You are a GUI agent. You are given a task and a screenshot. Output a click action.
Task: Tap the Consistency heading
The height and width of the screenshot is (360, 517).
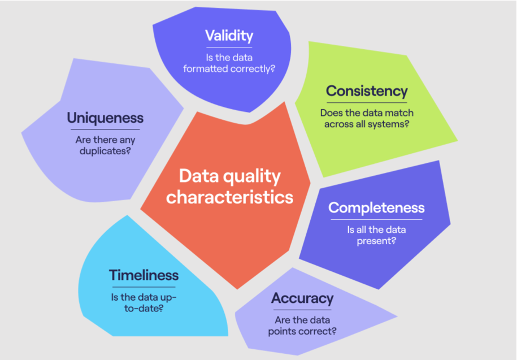click(x=367, y=92)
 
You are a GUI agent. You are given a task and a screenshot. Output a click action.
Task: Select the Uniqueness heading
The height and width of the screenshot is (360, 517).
click(x=105, y=118)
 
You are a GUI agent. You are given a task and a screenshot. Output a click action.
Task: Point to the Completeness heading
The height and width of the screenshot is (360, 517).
click(x=376, y=208)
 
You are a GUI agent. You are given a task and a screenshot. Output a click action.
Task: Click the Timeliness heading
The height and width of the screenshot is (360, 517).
click(x=144, y=275)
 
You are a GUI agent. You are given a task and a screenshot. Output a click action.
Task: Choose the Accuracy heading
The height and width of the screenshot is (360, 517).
click(x=302, y=298)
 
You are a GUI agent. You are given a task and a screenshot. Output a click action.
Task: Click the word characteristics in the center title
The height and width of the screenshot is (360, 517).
click(x=229, y=197)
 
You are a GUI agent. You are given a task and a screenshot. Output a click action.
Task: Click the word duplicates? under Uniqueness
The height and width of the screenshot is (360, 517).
click(x=105, y=151)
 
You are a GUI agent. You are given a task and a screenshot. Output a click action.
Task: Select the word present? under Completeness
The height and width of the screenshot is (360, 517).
click(x=376, y=241)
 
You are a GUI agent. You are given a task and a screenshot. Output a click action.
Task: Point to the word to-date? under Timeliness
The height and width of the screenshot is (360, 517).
click(x=144, y=309)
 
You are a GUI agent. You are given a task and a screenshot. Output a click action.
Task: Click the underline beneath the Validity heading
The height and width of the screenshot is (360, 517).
click(x=229, y=47)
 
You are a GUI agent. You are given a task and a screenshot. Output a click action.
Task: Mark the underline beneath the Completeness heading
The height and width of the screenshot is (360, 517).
click(x=376, y=219)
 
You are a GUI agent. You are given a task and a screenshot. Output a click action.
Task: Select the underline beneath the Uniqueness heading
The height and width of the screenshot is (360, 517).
click(x=105, y=129)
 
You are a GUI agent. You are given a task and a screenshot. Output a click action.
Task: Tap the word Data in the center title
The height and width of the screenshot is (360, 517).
click(x=199, y=176)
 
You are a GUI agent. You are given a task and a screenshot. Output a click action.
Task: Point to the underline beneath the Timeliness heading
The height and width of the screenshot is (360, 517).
click(x=144, y=287)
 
